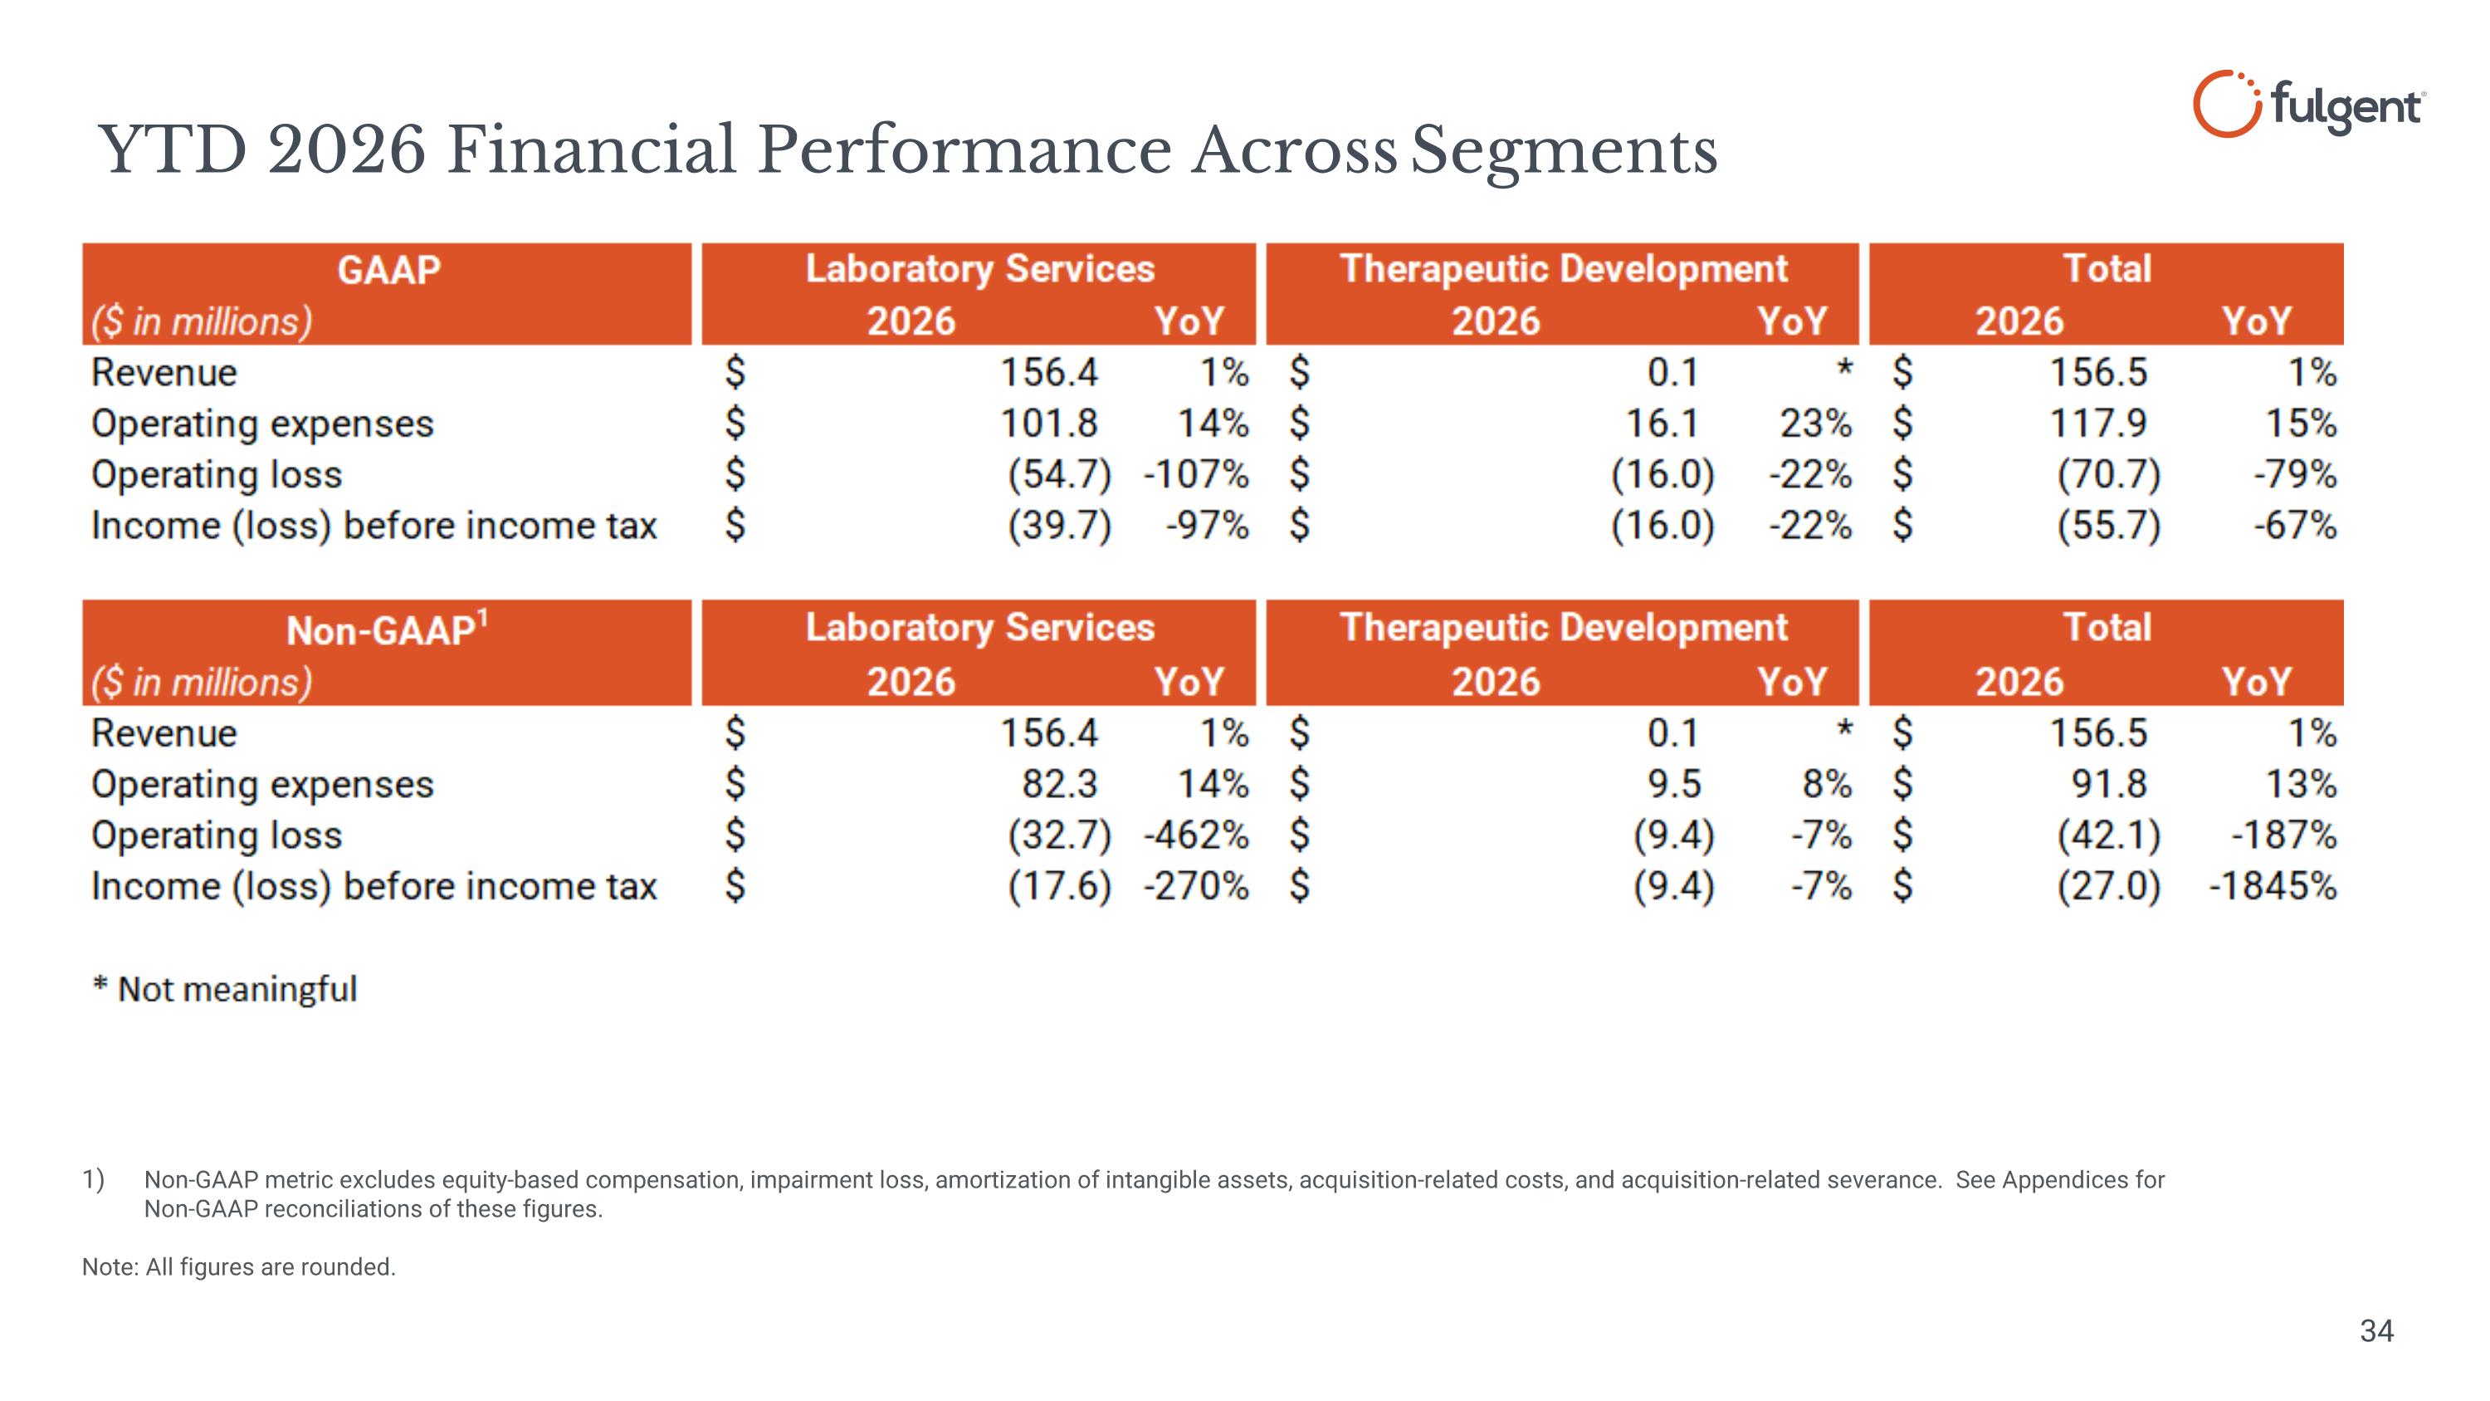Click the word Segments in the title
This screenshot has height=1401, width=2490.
click(x=1564, y=151)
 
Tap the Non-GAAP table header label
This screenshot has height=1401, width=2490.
click(x=388, y=629)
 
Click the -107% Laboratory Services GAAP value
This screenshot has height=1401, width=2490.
click(x=1196, y=475)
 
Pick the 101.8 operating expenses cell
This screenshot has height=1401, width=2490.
click(x=1049, y=424)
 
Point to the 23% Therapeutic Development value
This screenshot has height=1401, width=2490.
click(x=1815, y=424)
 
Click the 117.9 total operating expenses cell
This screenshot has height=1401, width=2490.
click(x=2098, y=424)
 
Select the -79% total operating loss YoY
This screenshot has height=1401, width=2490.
click(x=2295, y=475)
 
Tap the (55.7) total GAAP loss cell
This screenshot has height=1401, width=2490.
click(x=2108, y=526)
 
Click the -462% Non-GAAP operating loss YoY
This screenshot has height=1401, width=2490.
click(x=1196, y=835)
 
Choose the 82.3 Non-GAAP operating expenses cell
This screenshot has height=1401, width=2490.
click(x=1061, y=784)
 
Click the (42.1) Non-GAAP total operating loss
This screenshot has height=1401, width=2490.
click(x=2108, y=835)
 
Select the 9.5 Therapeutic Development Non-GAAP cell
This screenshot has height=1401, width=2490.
click(x=1674, y=784)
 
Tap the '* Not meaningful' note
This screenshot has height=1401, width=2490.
click(x=224, y=989)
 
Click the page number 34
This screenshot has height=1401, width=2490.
click(x=2377, y=1331)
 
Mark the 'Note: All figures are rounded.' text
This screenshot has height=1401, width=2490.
click(x=239, y=1266)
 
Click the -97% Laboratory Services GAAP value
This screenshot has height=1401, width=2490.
click(x=1208, y=526)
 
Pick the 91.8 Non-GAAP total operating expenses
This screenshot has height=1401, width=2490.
click(x=2108, y=784)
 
